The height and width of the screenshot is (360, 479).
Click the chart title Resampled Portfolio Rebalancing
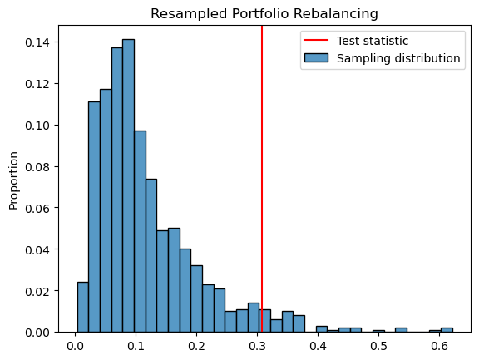point(264,13)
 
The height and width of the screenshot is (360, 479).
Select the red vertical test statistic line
point(262,166)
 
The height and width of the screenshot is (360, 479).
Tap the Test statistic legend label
point(372,41)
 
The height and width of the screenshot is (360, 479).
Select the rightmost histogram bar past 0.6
point(447,330)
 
